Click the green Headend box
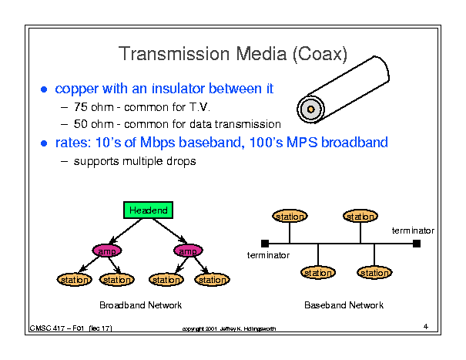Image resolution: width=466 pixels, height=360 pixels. click(x=149, y=210)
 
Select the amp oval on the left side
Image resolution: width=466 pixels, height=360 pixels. click(x=107, y=251)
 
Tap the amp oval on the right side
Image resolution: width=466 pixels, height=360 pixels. click(x=188, y=251)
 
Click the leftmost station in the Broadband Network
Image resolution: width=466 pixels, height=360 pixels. click(x=74, y=280)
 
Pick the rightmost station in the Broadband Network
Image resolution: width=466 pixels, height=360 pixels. click(x=212, y=280)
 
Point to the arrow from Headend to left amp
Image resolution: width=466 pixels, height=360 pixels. click(x=126, y=231)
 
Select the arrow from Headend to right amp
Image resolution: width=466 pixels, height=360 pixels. click(x=170, y=231)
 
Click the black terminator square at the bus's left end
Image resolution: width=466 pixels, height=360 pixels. click(x=265, y=244)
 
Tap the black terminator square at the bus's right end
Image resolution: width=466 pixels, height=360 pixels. click(x=417, y=244)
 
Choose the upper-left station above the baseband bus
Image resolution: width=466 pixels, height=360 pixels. click(x=290, y=216)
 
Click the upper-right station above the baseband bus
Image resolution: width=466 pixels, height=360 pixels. click(x=360, y=216)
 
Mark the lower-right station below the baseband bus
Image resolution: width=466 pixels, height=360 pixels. click(x=374, y=273)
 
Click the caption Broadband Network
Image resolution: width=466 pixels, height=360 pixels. click(x=141, y=305)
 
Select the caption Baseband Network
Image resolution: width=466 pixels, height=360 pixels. click(x=344, y=305)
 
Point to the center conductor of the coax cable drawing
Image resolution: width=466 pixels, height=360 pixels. click(x=310, y=109)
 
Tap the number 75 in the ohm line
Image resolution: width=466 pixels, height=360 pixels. click(x=81, y=107)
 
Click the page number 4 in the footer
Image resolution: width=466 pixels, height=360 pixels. click(x=426, y=326)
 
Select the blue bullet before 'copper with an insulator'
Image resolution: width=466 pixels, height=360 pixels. click(x=44, y=89)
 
